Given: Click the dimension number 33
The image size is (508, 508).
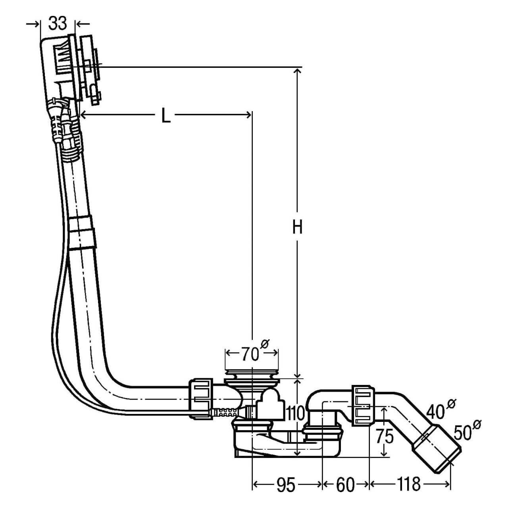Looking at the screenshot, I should tap(58, 24).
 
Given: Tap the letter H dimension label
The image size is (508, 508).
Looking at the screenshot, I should tap(298, 227).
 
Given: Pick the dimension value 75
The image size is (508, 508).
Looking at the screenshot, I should tap(384, 437).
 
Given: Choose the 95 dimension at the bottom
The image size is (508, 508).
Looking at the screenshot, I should tap(286, 485).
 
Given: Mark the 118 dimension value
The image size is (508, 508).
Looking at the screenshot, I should tap(408, 485).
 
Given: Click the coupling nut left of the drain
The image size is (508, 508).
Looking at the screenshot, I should tap(202, 398).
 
